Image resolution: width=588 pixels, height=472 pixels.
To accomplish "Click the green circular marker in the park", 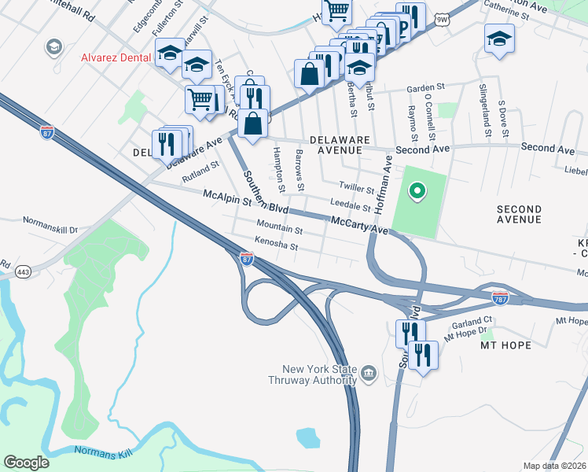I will (x=417, y=190).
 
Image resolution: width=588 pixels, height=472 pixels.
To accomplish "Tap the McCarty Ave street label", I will (x=360, y=225).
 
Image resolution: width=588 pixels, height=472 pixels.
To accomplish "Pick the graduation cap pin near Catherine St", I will (x=499, y=39).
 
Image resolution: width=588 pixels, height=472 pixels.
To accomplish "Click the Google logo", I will (x=26, y=463).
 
